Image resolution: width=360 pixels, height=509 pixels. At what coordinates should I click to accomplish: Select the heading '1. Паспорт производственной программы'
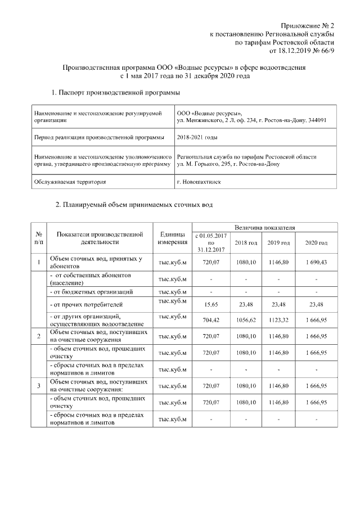pyautogui.click(x=116, y=92)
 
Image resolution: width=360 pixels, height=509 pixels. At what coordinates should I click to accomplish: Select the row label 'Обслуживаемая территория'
pyautogui.click(x=70, y=182)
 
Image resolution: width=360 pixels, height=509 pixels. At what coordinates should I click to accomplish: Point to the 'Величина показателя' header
pyautogui.click(x=264, y=227)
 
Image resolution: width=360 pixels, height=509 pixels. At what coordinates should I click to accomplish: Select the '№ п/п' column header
pyautogui.click(x=38, y=238)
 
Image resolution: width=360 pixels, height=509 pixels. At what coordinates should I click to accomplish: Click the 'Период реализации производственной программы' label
pyautogui.click(x=100, y=137)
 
